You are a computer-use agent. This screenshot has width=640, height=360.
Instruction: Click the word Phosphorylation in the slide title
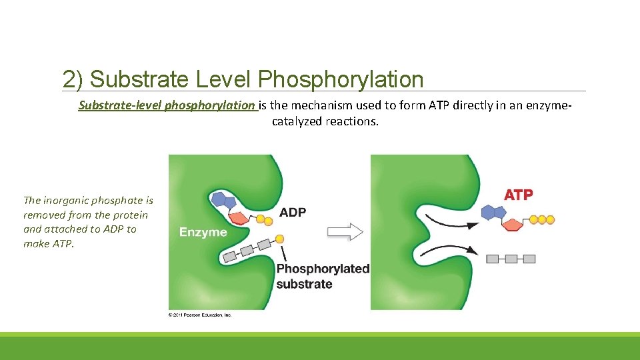[x=341, y=79]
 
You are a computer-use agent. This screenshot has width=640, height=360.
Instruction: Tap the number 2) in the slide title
[x=73, y=79]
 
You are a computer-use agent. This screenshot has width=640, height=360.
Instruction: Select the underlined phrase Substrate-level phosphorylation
[x=167, y=105]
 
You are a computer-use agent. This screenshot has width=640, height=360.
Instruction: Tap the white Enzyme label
[x=203, y=232]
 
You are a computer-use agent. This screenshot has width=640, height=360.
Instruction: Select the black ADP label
[x=293, y=213]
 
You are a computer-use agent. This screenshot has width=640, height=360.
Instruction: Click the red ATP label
[x=518, y=195]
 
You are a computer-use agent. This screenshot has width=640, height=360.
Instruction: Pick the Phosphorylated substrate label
[x=323, y=276]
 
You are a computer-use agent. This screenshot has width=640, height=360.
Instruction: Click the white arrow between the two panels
[x=345, y=232]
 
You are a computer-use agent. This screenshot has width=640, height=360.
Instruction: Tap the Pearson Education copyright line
[x=200, y=315]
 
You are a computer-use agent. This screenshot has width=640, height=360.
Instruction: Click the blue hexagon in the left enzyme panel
[x=219, y=198]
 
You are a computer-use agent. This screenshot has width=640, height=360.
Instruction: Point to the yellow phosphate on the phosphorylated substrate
[x=279, y=239]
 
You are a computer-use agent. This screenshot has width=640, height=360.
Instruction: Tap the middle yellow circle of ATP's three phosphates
[x=542, y=219]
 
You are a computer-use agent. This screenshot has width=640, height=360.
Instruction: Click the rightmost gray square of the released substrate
[x=529, y=259]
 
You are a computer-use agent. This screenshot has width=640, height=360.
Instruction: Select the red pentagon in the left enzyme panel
[x=238, y=217]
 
